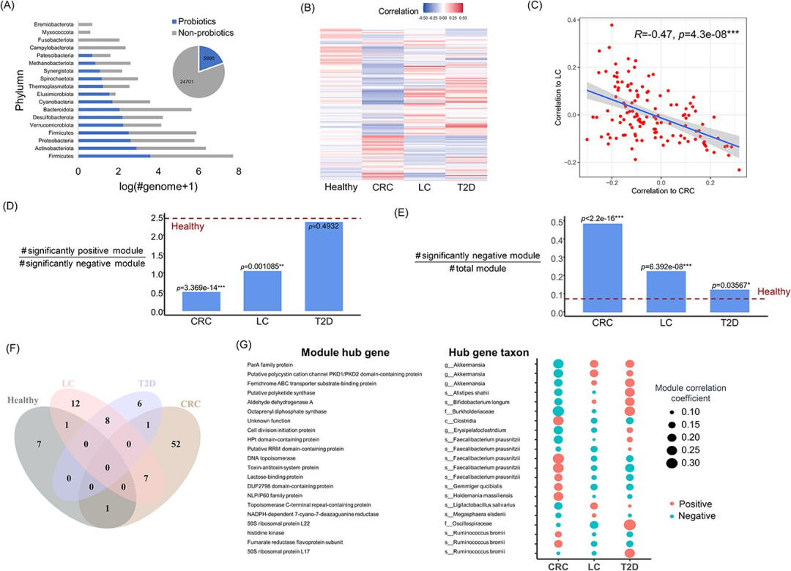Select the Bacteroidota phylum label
[x=59, y=109]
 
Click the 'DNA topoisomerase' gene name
[x=274, y=458]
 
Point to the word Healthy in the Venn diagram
[x=23, y=400]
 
